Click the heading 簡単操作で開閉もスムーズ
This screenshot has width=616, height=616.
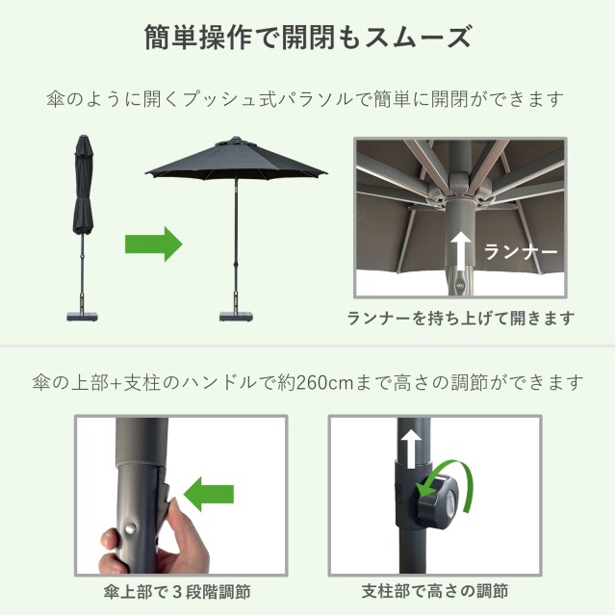[307, 38]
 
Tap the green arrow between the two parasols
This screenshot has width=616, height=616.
[153, 243]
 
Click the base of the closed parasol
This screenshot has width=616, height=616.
[83, 312]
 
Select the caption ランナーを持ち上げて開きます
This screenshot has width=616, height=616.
[461, 317]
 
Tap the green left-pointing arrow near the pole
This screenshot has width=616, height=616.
[209, 497]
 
